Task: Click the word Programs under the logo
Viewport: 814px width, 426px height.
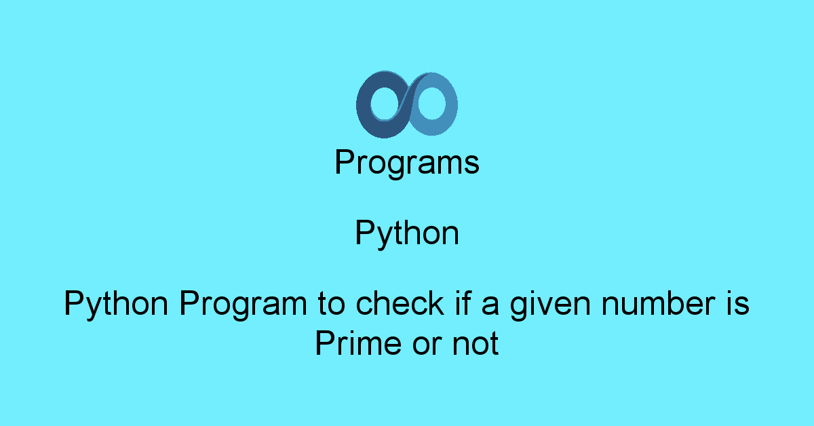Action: click(407, 163)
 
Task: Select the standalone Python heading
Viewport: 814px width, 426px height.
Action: click(407, 233)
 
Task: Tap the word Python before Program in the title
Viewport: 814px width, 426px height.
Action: click(116, 304)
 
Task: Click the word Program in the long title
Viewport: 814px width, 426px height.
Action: click(243, 305)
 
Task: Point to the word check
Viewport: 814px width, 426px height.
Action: click(400, 303)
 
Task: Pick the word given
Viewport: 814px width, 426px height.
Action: click(551, 305)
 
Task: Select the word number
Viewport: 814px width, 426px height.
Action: click(659, 303)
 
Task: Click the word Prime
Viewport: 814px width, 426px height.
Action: click(358, 343)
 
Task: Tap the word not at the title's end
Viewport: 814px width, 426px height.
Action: click(476, 344)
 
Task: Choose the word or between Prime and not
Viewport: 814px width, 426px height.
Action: click(427, 346)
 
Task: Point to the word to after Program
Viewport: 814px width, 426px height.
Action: click(331, 304)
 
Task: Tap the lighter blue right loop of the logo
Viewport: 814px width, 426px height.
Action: click(450, 105)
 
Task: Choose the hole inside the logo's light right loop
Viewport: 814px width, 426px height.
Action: click(431, 103)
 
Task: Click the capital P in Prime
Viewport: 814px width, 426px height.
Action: click(324, 343)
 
